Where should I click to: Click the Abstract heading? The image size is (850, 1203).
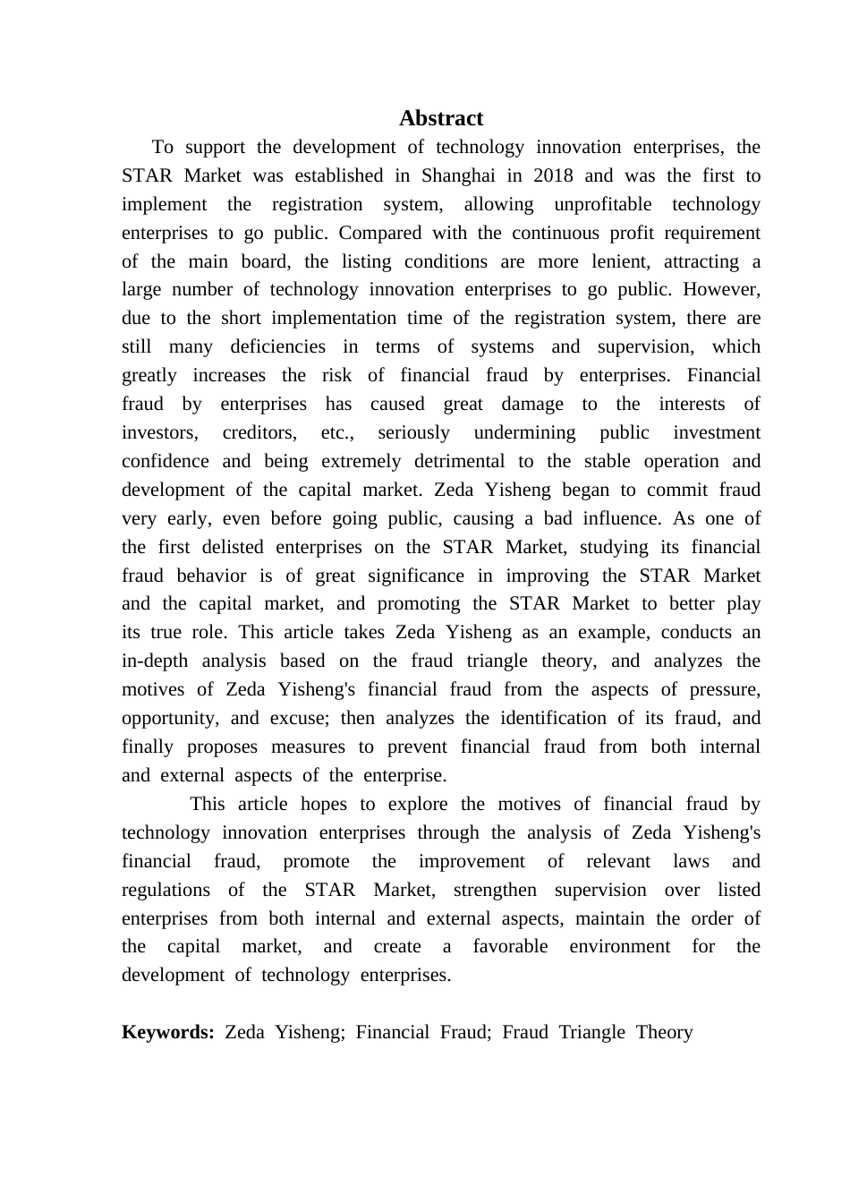[x=441, y=118]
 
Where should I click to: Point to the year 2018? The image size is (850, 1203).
[x=553, y=175]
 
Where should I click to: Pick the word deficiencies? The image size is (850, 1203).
[x=277, y=347]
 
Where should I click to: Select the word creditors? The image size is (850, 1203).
[x=259, y=433]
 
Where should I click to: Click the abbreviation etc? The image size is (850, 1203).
[x=337, y=433]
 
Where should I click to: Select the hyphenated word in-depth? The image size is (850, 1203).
[x=155, y=661]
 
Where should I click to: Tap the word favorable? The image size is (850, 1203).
[x=510, y=947]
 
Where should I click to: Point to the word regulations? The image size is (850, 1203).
[x=166, y=890]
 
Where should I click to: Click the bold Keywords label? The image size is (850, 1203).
[x=167, y=1032]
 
